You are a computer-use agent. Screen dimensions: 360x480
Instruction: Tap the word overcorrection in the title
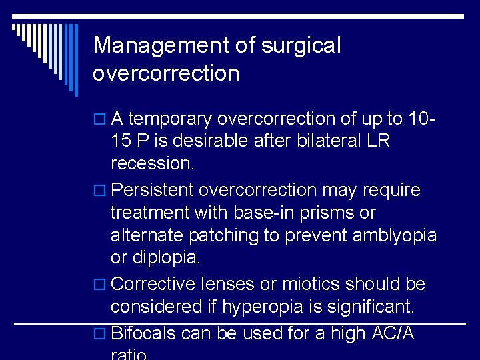tap(166, 73)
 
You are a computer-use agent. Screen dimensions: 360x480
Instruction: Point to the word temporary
tap(170, 119)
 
